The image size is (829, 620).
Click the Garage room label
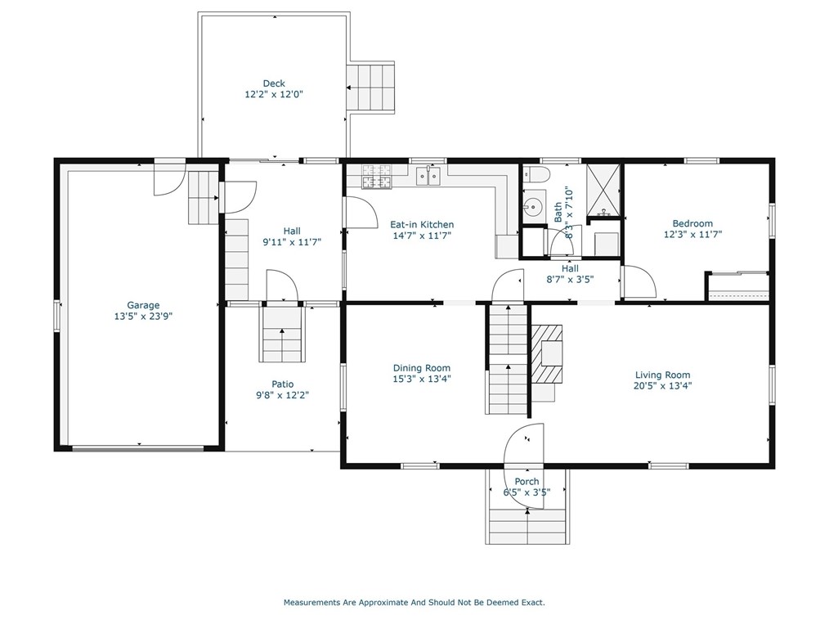tap(143, 305)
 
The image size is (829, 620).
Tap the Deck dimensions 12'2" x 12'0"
tap(274, 95)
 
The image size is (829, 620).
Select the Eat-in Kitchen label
tap(422, 224)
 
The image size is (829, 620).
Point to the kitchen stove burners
tap(377, 176)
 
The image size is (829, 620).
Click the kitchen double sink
tap(428, 176)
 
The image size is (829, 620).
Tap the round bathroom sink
tap(534, 204)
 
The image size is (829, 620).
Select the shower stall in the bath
tap(603, 191)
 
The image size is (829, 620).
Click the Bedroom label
tap(692, 223)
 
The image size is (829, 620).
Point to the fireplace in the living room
tap(547, 353)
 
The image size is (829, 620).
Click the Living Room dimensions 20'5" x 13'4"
tap(662, 386)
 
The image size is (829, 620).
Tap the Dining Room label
tap(422, 367)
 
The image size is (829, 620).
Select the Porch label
tap(527, 482)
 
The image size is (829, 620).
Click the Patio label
tap(282, 384)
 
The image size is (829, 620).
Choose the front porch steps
tap(527, 525)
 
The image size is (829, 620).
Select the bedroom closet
tap(738, 286)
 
